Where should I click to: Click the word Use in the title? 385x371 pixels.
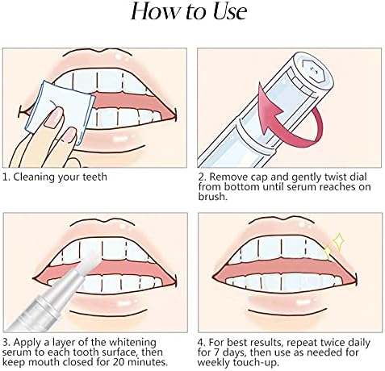pyautogui.click(x=230, y=11)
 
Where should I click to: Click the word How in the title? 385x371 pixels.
pyautogui.click(x=153, y=11)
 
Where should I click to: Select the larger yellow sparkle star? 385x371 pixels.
pyautogui.click(x=338, y=242)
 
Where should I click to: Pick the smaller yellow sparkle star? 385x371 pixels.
pyautogui.click(x=327, y=252)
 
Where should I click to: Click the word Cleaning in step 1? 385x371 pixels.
pyautogui.click(x=34, y=177)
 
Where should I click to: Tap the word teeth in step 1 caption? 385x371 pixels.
pyautogui.click(x=94, y=177)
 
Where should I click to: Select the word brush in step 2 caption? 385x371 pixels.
pyautogui.click(x=211, y=196)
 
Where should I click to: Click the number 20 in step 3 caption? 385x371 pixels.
pyautogui.click(x=119, y=362)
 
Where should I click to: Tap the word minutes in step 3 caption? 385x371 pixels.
pyautogui.click(x=147, y=362)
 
